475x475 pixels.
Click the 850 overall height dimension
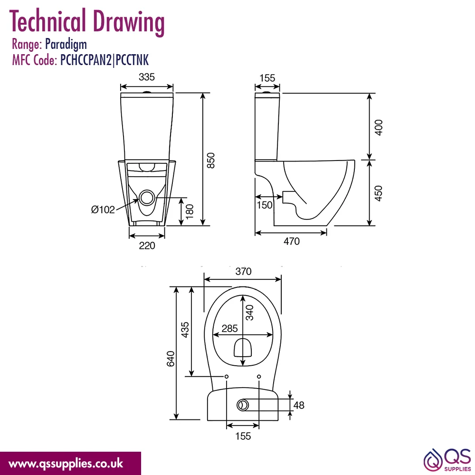coord(211,161)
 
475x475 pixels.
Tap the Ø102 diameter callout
coord(103,209)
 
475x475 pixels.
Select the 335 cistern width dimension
coord(147,77)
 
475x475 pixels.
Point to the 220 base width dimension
coord(147,246)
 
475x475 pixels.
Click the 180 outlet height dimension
coord(190,211)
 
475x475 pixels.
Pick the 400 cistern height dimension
coord(379,127)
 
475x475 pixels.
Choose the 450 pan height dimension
coord(379,193)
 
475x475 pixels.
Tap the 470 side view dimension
coord(292,241)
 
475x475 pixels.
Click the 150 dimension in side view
coord(265,205)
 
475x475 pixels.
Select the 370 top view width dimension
coord(243,271)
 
